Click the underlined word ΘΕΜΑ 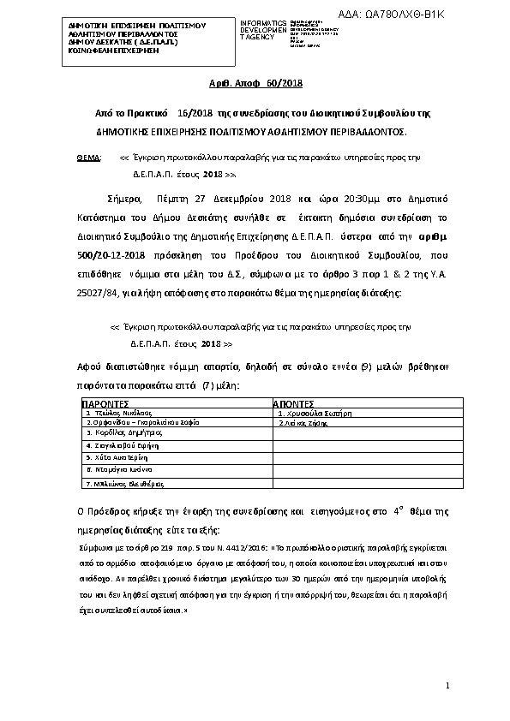(x=88, y=158)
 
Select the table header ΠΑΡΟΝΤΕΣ (x=105, y=402)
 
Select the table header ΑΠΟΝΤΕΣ (x=294, y=402)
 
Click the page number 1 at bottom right (x=447, y=687)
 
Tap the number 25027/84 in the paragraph (x=95, y=294)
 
